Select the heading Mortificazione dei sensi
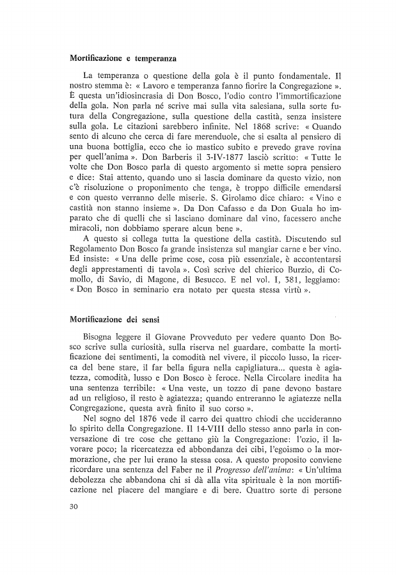(114, 319)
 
